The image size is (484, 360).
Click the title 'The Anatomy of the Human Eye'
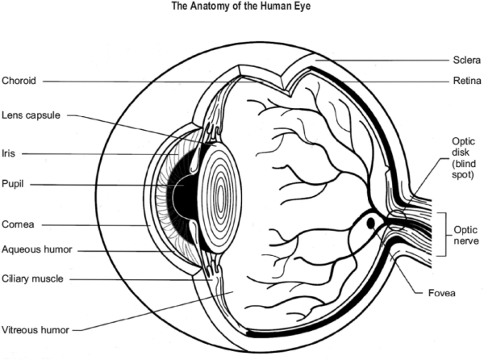point(241,6)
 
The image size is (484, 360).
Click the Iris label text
point(8,151)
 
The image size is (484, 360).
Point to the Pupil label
point(14,184)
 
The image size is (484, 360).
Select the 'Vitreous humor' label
point(34,329)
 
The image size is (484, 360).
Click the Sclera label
point(465,60)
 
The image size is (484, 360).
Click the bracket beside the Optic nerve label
point(441,233)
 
